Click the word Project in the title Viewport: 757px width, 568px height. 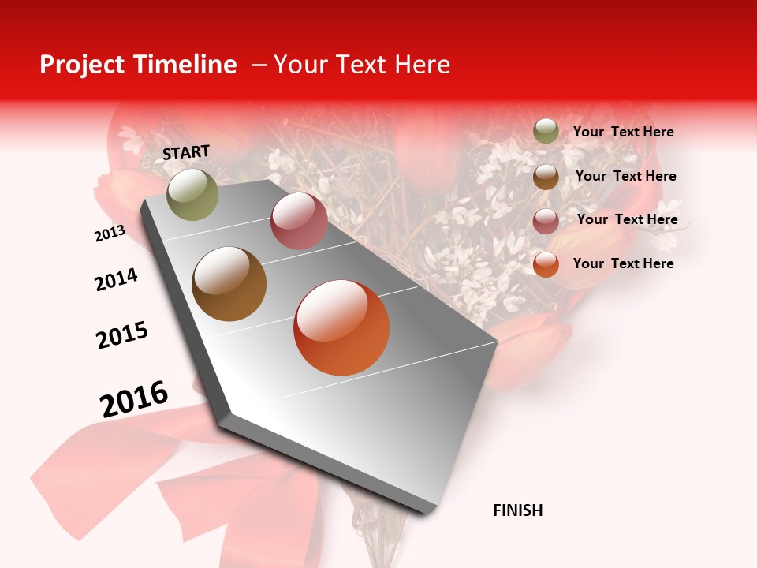(80, 65)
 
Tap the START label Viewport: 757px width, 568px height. (186, 152)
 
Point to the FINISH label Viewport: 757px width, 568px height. (517, 510)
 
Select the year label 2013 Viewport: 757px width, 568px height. (110, 234)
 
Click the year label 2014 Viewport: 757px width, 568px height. (116, 279)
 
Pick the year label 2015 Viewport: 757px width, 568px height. (122, 335)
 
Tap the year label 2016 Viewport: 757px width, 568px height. (134, 399)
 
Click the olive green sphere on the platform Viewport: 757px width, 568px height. (192, 194)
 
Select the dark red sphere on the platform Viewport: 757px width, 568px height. (299, 221)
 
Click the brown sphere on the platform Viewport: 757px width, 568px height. (229, 284)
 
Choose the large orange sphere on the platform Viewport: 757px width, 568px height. (341, 327)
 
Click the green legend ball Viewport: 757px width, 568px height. (546, 131)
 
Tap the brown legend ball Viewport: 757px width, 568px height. (546, 177)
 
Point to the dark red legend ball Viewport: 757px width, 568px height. (546, 221)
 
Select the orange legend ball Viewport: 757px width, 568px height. (546, 264)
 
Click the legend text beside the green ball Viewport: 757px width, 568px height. (623, 132)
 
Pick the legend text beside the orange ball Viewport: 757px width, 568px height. (623, 263)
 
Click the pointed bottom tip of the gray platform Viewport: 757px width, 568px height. (426, 512)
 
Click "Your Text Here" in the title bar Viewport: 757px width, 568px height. (361, 65)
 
